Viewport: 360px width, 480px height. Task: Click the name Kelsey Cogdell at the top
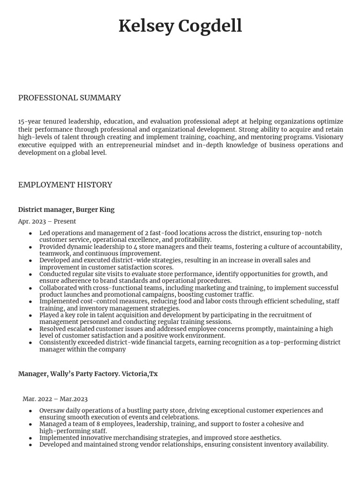[180, 26]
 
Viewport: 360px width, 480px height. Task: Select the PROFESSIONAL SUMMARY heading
[69, 97]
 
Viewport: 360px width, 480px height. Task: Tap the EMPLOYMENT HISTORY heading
[65, 185]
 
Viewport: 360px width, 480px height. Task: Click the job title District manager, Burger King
[66, 210]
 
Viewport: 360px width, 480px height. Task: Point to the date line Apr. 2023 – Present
[47, 221]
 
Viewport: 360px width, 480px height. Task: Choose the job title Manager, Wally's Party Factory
[88, 374]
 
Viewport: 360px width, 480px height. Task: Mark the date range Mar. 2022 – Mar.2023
[55, 399]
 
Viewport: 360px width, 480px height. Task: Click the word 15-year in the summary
[29, 121]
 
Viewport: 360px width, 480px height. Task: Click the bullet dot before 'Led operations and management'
[30, 233]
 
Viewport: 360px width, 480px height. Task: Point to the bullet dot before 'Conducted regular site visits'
[30, 274]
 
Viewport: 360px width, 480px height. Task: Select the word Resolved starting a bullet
[53, 329]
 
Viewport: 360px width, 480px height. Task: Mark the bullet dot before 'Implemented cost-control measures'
[30, 301]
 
